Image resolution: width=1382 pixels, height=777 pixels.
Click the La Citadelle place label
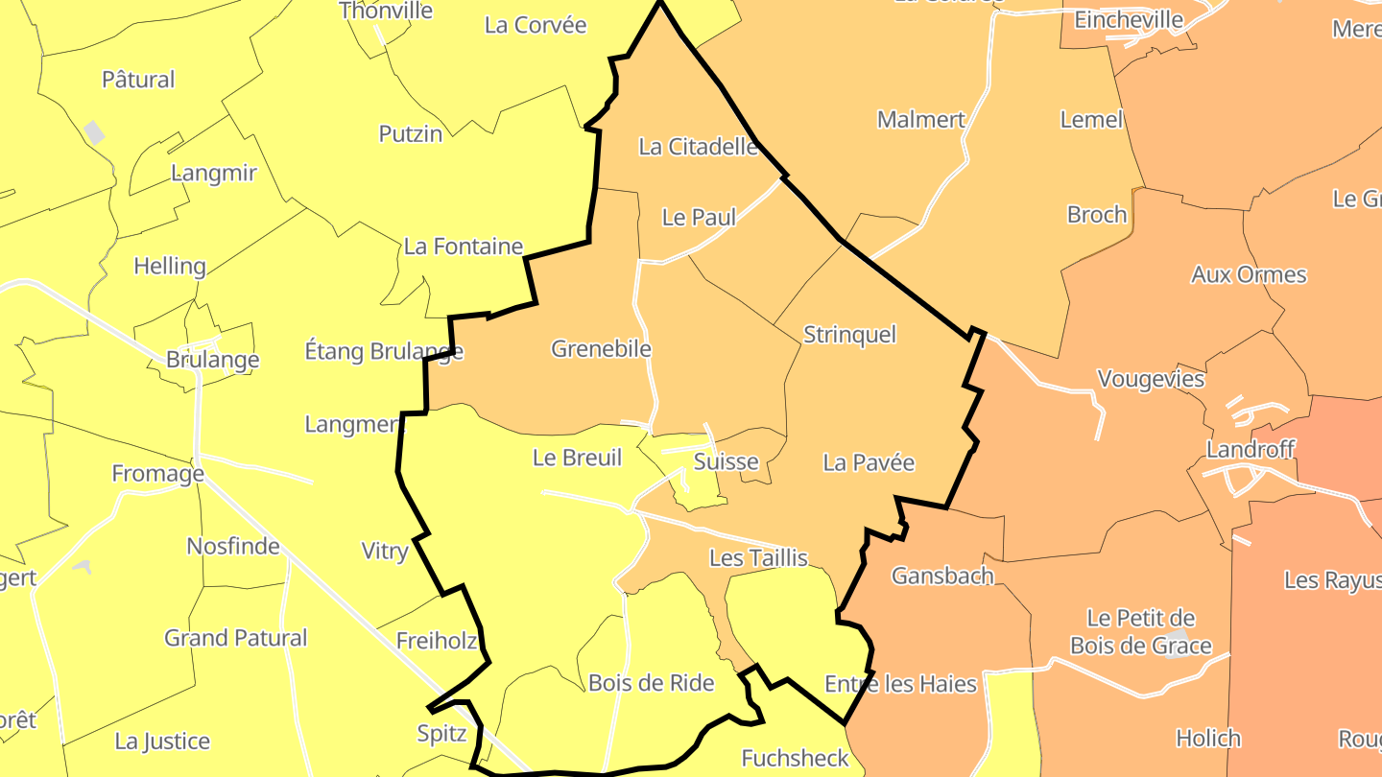point(699,147)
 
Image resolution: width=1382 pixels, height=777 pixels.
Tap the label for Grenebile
point(601,348)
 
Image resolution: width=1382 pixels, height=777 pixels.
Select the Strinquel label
point(849,334)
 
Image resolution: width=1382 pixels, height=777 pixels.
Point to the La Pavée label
point(869,462)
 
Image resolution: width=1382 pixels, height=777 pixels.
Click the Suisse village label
point(726,461)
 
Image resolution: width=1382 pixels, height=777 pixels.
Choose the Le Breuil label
point(577,458)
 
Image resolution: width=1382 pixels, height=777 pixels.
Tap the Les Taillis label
point(758,557)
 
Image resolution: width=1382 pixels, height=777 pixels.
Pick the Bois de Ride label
point(651,682)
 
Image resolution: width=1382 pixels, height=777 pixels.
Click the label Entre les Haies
point(900,684)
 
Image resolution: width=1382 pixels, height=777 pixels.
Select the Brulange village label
point(212,360)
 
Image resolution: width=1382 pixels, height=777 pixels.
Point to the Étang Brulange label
point(384,351)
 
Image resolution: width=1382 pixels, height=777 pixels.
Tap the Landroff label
point(1251,449)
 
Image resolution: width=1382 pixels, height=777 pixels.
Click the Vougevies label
point(1150,379)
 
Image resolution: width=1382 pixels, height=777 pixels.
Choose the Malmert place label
point(920,120)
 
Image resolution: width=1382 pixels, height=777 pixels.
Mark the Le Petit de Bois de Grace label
point(1141,631)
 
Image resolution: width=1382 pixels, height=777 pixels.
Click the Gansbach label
point(942,576)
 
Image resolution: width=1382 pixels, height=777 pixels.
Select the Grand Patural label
point(235,638)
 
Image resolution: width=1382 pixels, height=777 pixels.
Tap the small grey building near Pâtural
point(94,132)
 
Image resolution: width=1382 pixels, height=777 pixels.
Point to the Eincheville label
point(1129,19)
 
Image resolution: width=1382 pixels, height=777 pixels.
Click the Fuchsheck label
point(795,759)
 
